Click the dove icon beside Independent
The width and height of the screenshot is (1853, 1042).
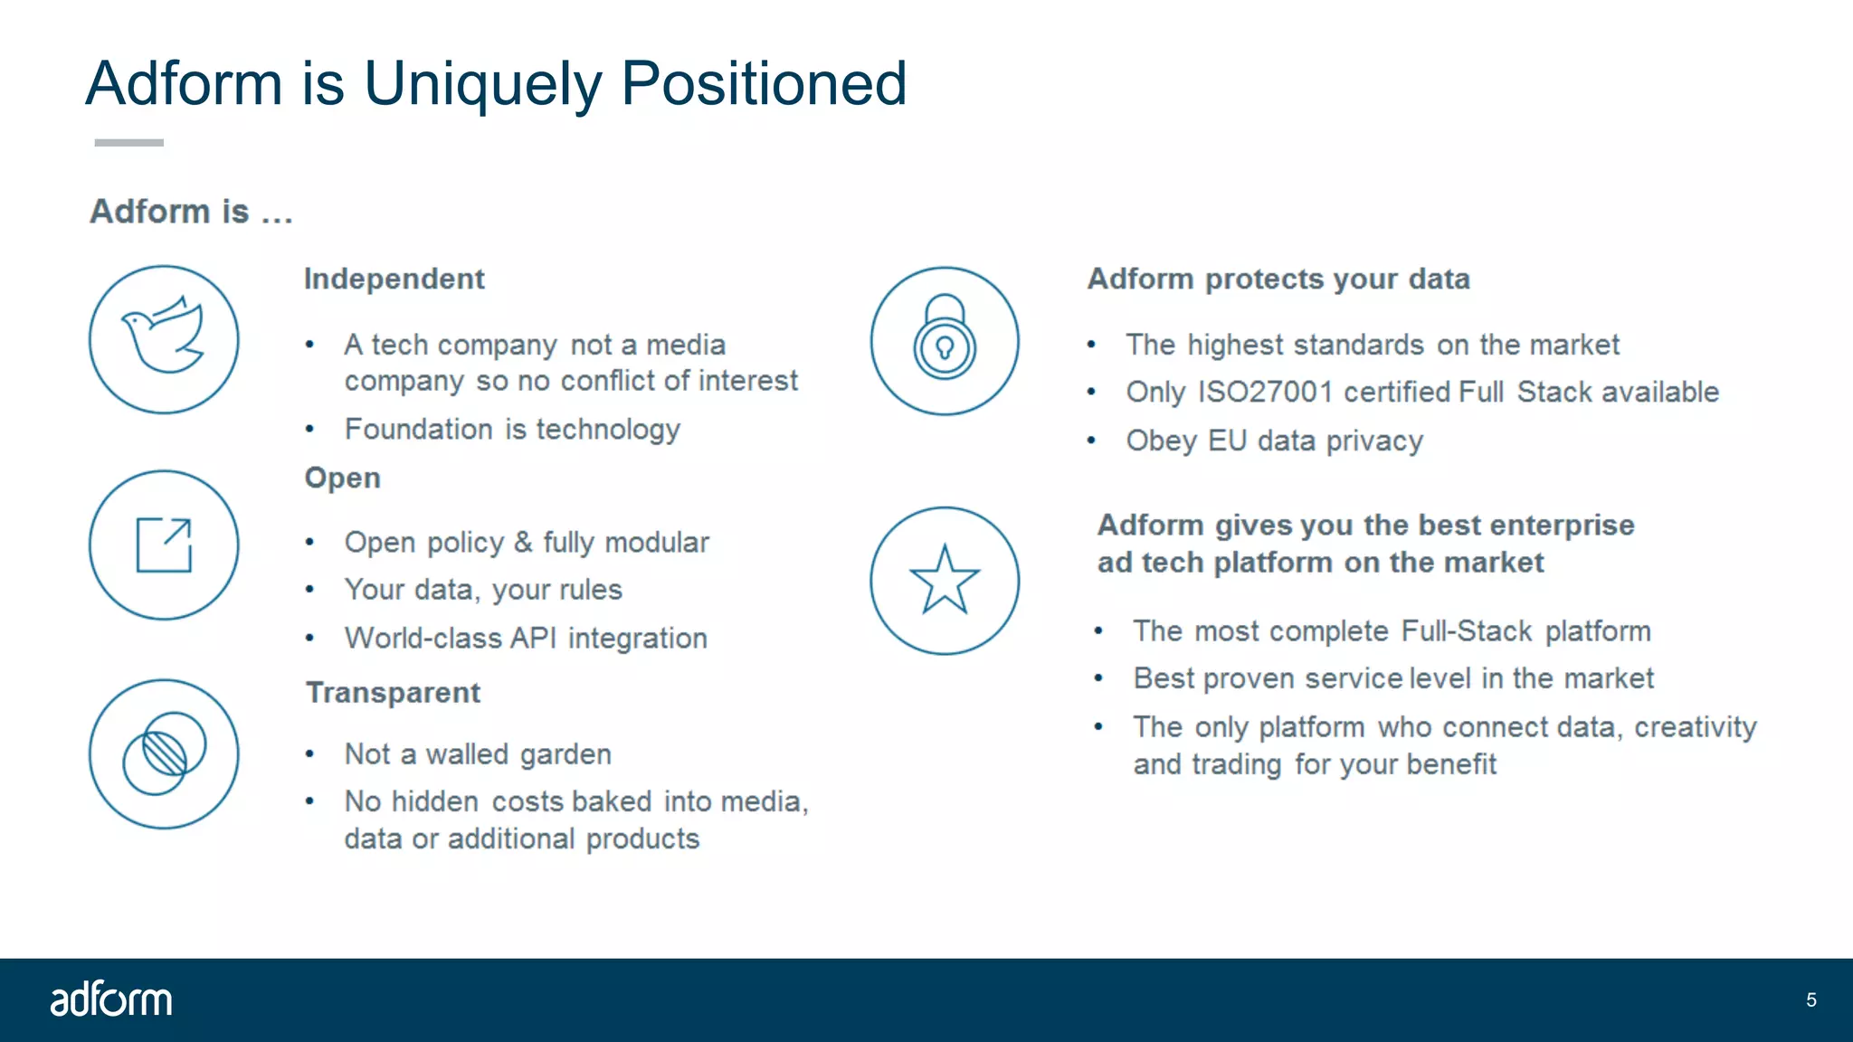coord(164,339)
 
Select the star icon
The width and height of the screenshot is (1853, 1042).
coord(945,581)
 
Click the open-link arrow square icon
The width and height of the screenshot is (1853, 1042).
coord(164,545)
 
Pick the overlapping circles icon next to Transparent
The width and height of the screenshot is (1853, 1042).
coord(164,753)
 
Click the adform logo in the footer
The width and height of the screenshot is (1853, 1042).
coord(110,999)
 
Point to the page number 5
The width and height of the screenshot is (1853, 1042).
coord(1810,999)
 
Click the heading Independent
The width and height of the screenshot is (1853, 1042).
coord(394,279)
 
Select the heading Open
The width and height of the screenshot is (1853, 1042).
coord(342,478)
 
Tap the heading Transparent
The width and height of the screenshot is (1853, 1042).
coord(393,692)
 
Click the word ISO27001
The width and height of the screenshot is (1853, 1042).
coord(1265,392)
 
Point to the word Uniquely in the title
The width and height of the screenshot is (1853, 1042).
coord(482,83)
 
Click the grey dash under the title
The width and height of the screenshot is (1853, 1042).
coord(128,142)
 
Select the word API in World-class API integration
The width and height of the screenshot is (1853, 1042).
coord(533,638)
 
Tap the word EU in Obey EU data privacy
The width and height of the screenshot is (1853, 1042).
coord(1227,440)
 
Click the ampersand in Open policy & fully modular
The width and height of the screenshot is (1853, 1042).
coord(523,542)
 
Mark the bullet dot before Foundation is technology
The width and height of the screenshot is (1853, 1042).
coord(309,429)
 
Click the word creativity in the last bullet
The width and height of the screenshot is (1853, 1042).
coord(1695,726)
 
